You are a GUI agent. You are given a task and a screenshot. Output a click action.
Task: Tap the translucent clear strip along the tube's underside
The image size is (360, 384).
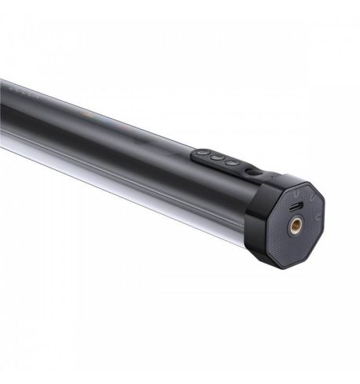(118, 189)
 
